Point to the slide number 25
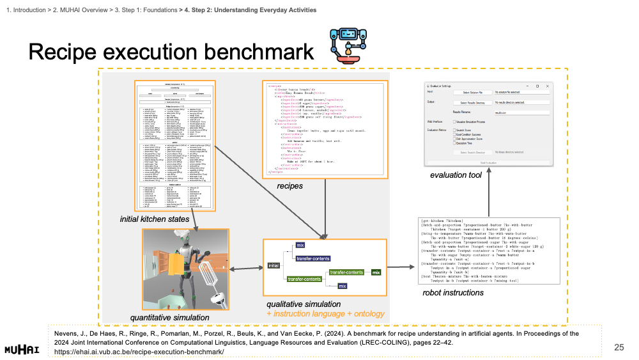coord(618,347)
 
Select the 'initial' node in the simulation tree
coord(273,265)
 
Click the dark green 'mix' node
coord(376,273)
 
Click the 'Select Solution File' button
coord(472,93)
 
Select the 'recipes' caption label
coord(289,186)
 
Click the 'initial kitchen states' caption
coord(155,219)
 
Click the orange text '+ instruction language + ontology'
coord(325,313)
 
